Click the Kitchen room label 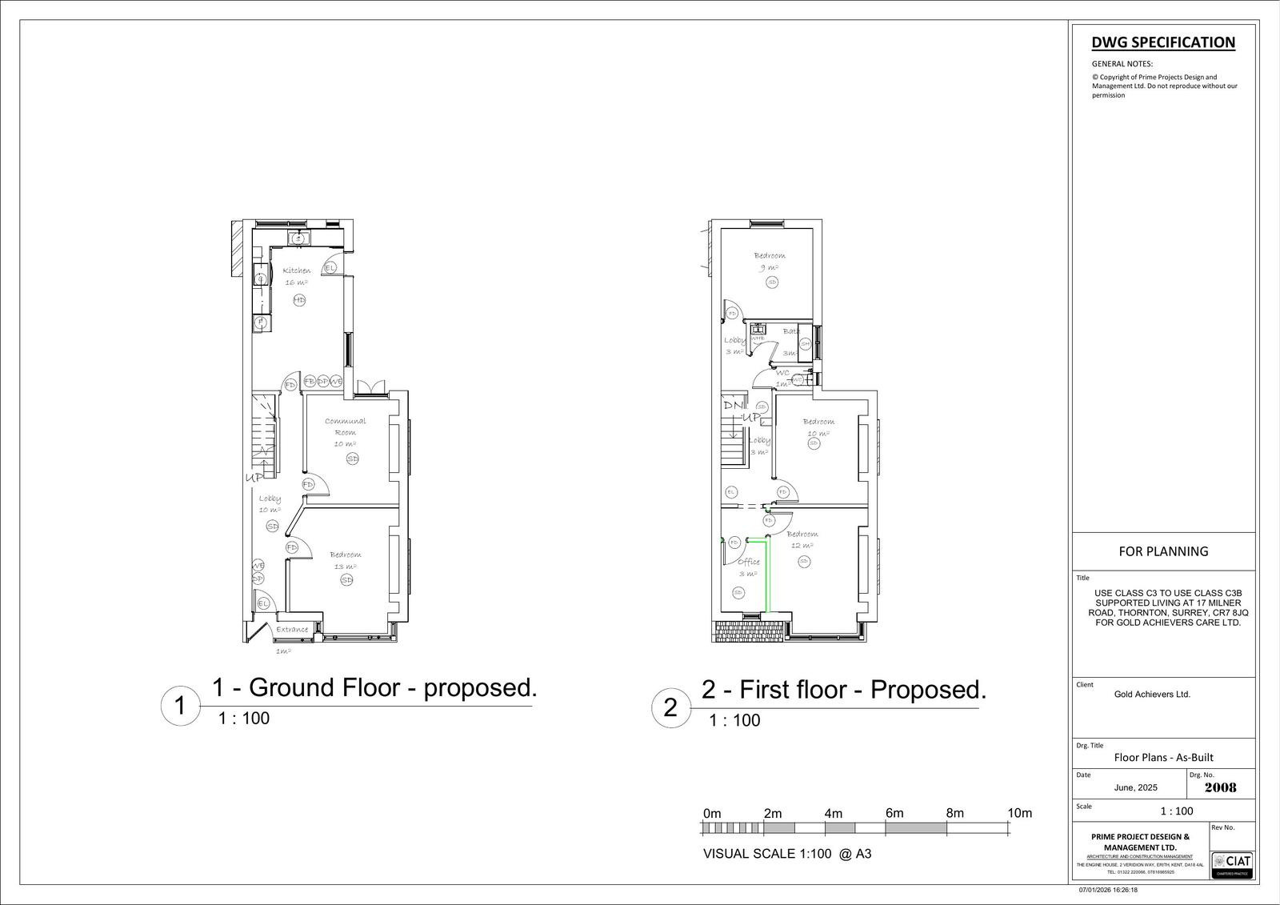coord(296,270)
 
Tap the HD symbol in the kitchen coord(298,300)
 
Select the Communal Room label coord(345,426)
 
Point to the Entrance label coord(292,630)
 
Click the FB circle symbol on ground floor coord(310,382)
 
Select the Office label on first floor coord(749,562)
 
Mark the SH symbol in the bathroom coord(805,343)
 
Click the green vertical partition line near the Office coord(767,576)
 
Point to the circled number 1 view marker coord(180,707)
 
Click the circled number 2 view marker coord(670,708)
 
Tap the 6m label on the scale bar coord(894,813)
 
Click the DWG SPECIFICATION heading coord(1162,42)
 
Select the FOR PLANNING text coord(1162,551)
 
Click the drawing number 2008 coord(1220,787)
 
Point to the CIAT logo coord(1233,863)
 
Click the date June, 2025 coord(1135,787)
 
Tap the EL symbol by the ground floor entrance coord(262,603)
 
